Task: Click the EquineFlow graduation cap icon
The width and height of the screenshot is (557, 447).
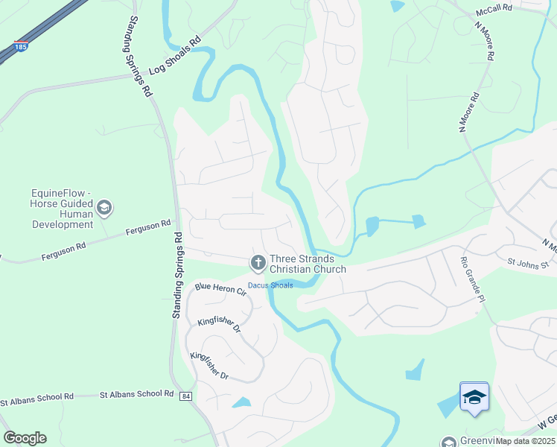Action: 104,208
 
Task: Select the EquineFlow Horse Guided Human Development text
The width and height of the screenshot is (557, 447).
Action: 62,209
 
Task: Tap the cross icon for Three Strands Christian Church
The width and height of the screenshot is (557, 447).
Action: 258,262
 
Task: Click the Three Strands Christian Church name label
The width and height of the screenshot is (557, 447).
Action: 308,263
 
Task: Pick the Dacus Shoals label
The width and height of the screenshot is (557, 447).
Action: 270,285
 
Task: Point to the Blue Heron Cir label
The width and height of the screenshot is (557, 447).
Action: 220,289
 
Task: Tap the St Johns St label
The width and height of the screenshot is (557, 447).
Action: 527,263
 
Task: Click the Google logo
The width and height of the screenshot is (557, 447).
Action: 25,438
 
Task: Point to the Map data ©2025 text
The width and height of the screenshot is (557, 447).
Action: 525,441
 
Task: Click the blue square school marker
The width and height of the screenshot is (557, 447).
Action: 474,396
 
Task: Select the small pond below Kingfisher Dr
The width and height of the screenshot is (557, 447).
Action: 241,403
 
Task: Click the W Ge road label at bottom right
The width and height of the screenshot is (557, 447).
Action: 546,421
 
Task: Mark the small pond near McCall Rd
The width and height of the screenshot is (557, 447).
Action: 397,6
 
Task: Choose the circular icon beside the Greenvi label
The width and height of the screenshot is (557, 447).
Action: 448,442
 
